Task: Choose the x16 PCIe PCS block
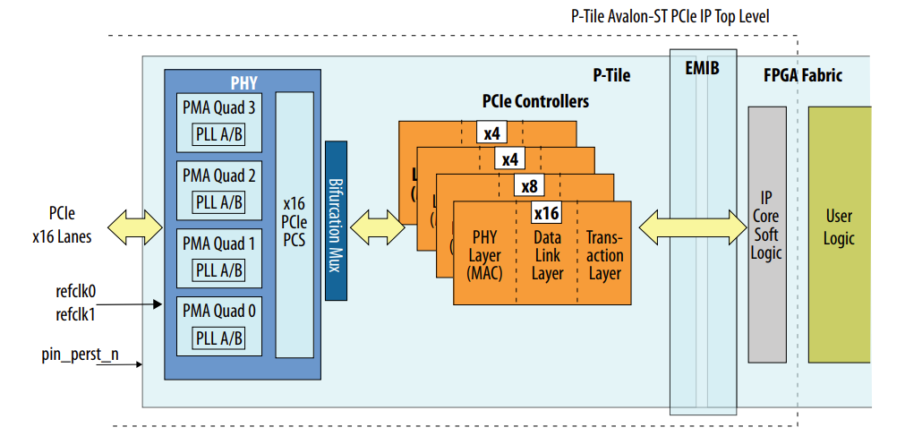pyautogui.click(x=295, y=224)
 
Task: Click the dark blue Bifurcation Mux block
pyautogui.click(x=336, y=220)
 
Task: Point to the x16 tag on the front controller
pyautogui.click(x=546, y=213)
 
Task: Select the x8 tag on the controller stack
pyautogui.click(x=528, y=186)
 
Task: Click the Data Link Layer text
pyautogui.click(x=547, y=255)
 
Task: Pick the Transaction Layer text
pyautogui.click(x=604, y=255)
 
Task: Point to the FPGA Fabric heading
pyautogui.click(x=802, y=75)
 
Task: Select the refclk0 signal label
pyautogui.click(x=76, y=292)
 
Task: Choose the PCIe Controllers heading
pyautogui.click(x=535, y=101)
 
